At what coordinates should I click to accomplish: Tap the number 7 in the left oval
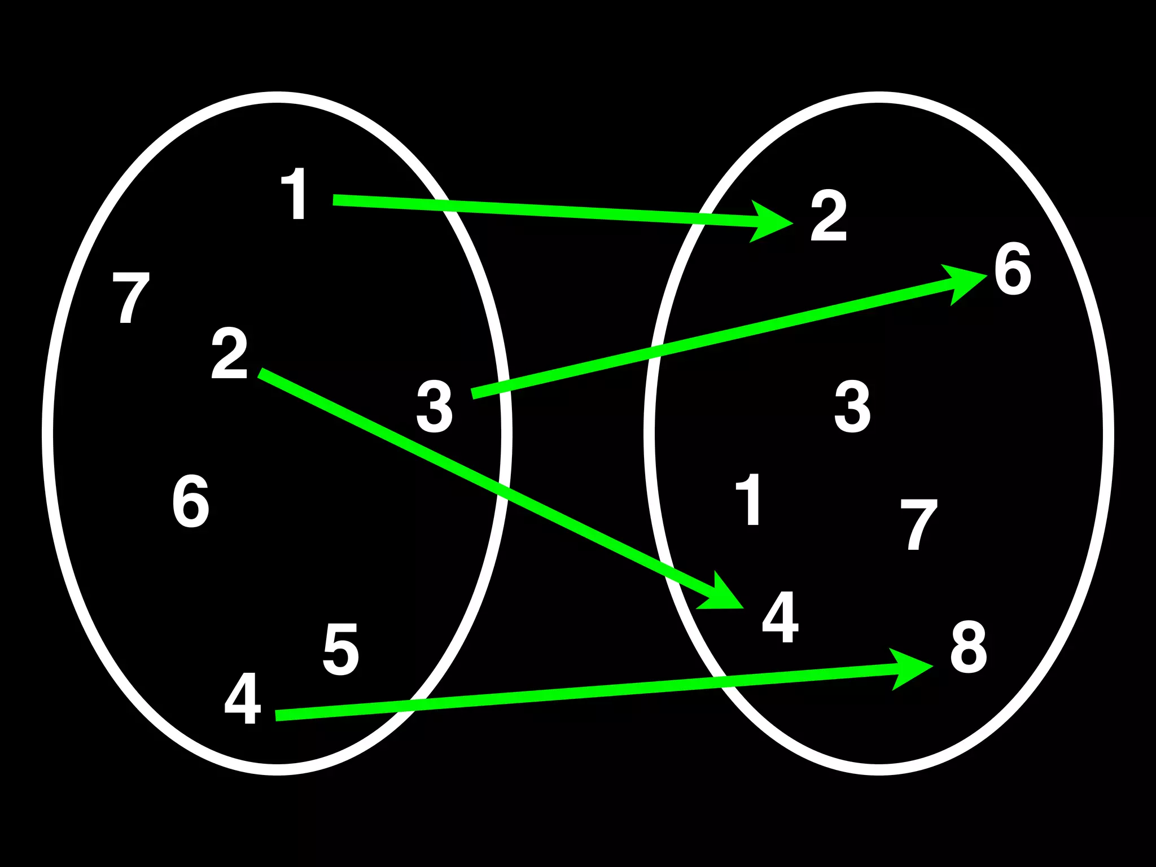pyautogui.click(x=131, y=297)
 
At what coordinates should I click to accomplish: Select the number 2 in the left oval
pyautogui.click(x=230, y=354)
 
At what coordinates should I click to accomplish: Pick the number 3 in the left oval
pyautogui.click(x=435, y=406)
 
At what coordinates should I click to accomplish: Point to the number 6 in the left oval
pyautogui.click(x=191, y=501)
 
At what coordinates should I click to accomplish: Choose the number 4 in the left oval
pyautogui.click(x=243, y=698)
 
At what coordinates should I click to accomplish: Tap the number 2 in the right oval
pyautogui.click(x=829, y=216)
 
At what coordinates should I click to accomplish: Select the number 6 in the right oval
pyautogui.click(x=1013, y=269)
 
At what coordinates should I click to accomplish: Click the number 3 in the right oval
pyautogui.click(x=852, y=406)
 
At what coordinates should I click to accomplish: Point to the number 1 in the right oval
pyautogui.click(x=749, y=500)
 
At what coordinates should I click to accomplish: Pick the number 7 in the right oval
pyautogui.click(x=918, y=524)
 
